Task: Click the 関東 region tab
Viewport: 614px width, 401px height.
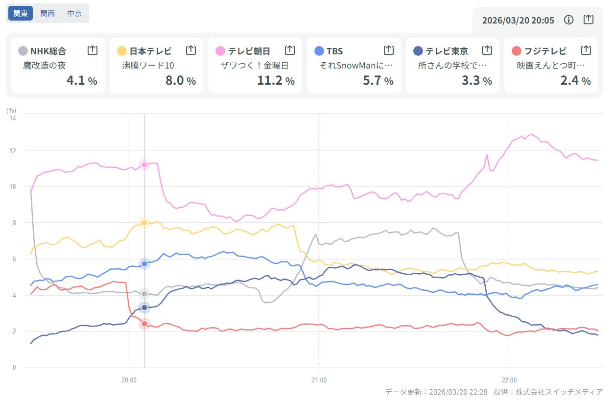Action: pyautogui.click(x=20, y=14)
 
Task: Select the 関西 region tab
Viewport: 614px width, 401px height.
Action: pyautogui.click(x=47, y=14)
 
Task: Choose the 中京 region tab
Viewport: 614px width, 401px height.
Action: pyautogui.click(x=74, y=14)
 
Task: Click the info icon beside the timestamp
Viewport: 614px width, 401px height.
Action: pyautogui.click(x=568, y=20)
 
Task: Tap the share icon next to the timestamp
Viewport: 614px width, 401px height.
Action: pyautogui.click(x=589, y=20)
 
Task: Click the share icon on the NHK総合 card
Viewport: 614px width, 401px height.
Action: pyautogui.click(x=92, y=50)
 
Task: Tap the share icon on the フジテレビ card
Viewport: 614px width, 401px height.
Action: pyautogui.click(x=586, y=50)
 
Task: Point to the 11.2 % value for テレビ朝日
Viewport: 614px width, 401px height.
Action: pyautogui.click(x=276, y=81)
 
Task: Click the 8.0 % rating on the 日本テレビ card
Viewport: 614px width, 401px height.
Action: pyautogui.click(x=180, y=81)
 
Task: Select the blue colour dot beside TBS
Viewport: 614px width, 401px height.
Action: pyautogui.click(x=319, y=50)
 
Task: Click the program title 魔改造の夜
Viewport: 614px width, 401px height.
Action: pyautogui.click(x=45, y=66)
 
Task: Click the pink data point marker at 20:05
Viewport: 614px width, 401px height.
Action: pyautogui.click(x=144, y=165)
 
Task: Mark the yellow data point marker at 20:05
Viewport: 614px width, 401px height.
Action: pyautogui.click(x=144, y=223)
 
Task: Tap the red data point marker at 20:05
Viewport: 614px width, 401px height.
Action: pyautogui.click(x=144, y=324)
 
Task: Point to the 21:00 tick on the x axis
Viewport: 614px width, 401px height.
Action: pyautogui.click(x=319, y=379)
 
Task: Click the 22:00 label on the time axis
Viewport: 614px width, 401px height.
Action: pyautogui.click(x=509, y=379)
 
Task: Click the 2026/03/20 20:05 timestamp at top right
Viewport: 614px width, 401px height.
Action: pyautogui.click(x=518, y=20)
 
